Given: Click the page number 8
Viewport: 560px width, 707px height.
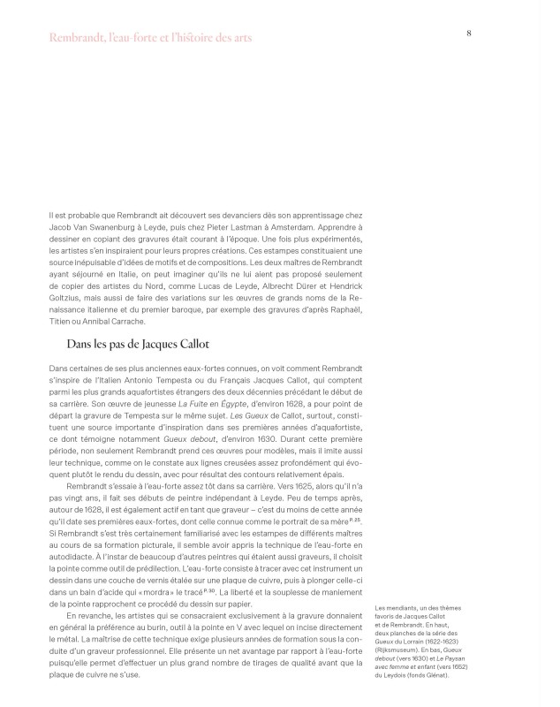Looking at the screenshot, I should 468,33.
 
